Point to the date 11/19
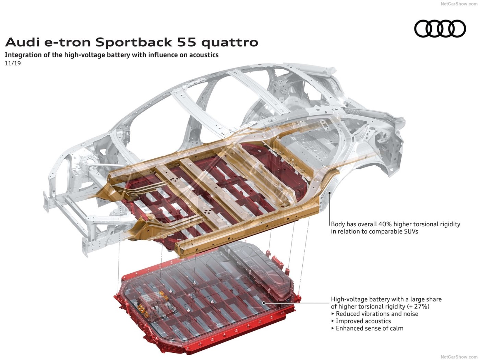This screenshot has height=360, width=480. coord(13,63)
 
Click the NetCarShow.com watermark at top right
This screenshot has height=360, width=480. coord(459,4)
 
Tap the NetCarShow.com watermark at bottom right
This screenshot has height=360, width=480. coord(459,357)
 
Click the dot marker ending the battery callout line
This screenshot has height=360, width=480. coord(264,303)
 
